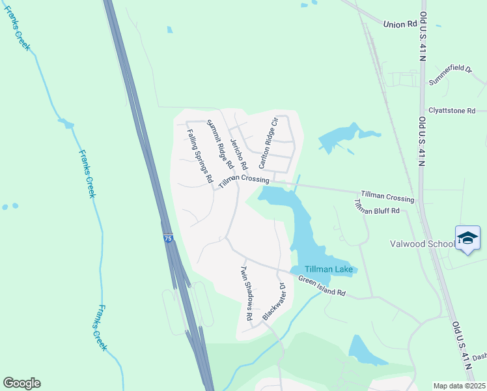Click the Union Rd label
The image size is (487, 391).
[400, 24]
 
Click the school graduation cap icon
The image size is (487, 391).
[467, 239]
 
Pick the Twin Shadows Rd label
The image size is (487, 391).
[246, 293]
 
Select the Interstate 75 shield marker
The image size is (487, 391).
[168, 239]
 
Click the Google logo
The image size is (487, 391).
[21, 383]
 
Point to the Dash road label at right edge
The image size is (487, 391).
[479, 356]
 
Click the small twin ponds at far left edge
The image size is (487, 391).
[10, 207]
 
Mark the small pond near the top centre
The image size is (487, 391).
[170, 29]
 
